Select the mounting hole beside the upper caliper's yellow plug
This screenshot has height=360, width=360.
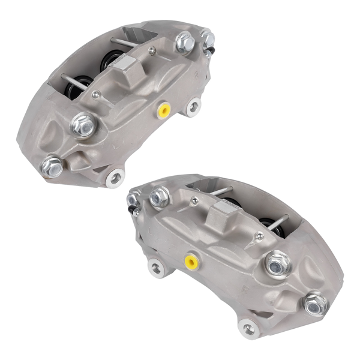[x=192, y=108]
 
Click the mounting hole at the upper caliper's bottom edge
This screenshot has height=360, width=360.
[x=114, y=176]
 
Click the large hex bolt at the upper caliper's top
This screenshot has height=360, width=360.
[x=185, y=42]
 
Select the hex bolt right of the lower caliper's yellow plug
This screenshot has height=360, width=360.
[x=277, y=264]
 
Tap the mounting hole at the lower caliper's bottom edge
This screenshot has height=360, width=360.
[x=248, y=328]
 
